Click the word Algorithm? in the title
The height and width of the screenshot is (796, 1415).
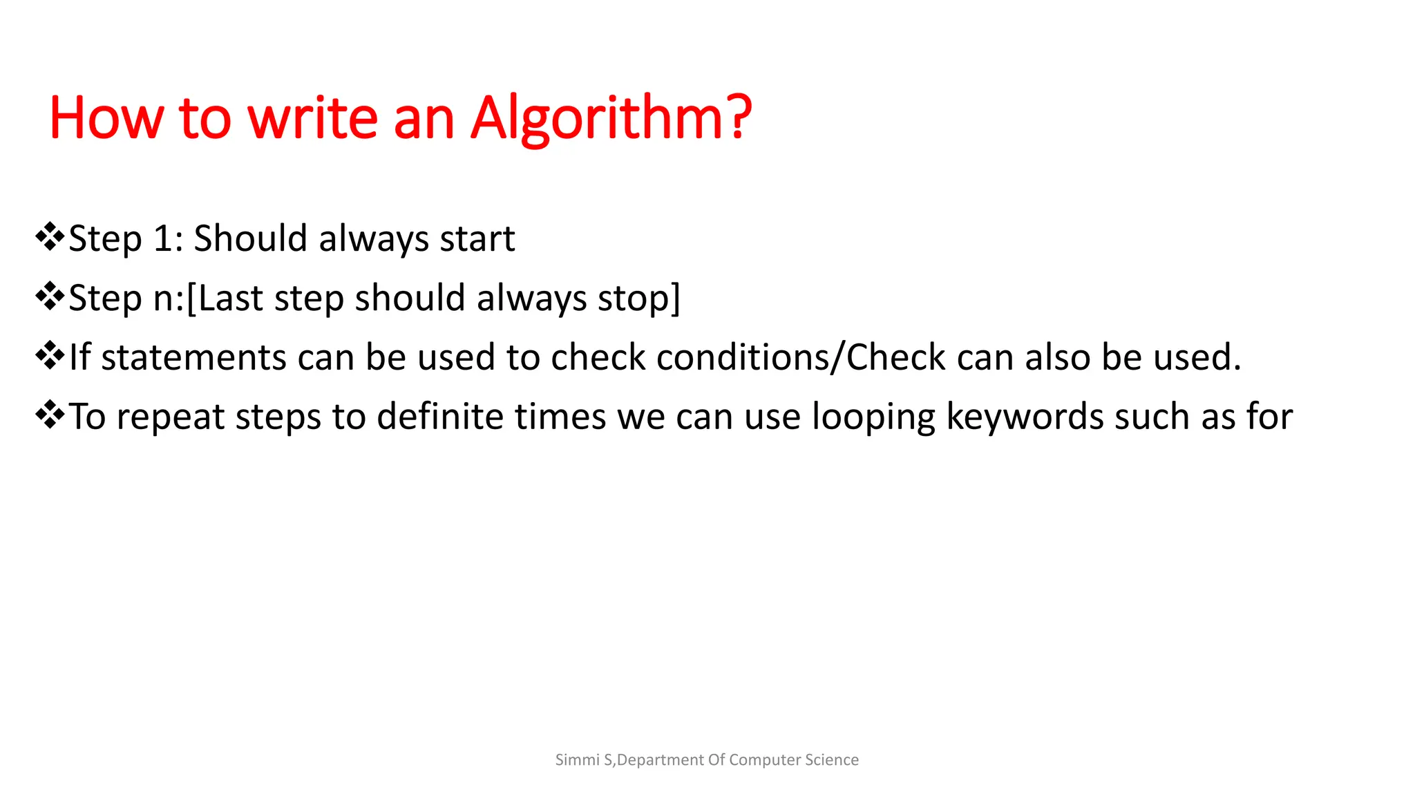(x=611, y=119)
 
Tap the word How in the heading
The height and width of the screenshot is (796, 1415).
(x=106, y=119)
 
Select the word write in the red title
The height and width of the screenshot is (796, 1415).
(x=312, y=119)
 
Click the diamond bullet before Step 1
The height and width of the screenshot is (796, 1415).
(x=50, y=238)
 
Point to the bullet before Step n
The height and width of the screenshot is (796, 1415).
(x=50, y=297)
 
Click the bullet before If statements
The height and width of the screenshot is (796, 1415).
(x=50, y=357)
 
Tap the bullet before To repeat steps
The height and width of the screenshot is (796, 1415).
(x=50, y=416)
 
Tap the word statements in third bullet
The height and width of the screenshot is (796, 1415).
(x=193, y=358)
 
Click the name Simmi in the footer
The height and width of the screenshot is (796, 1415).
(x=577, y=760)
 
